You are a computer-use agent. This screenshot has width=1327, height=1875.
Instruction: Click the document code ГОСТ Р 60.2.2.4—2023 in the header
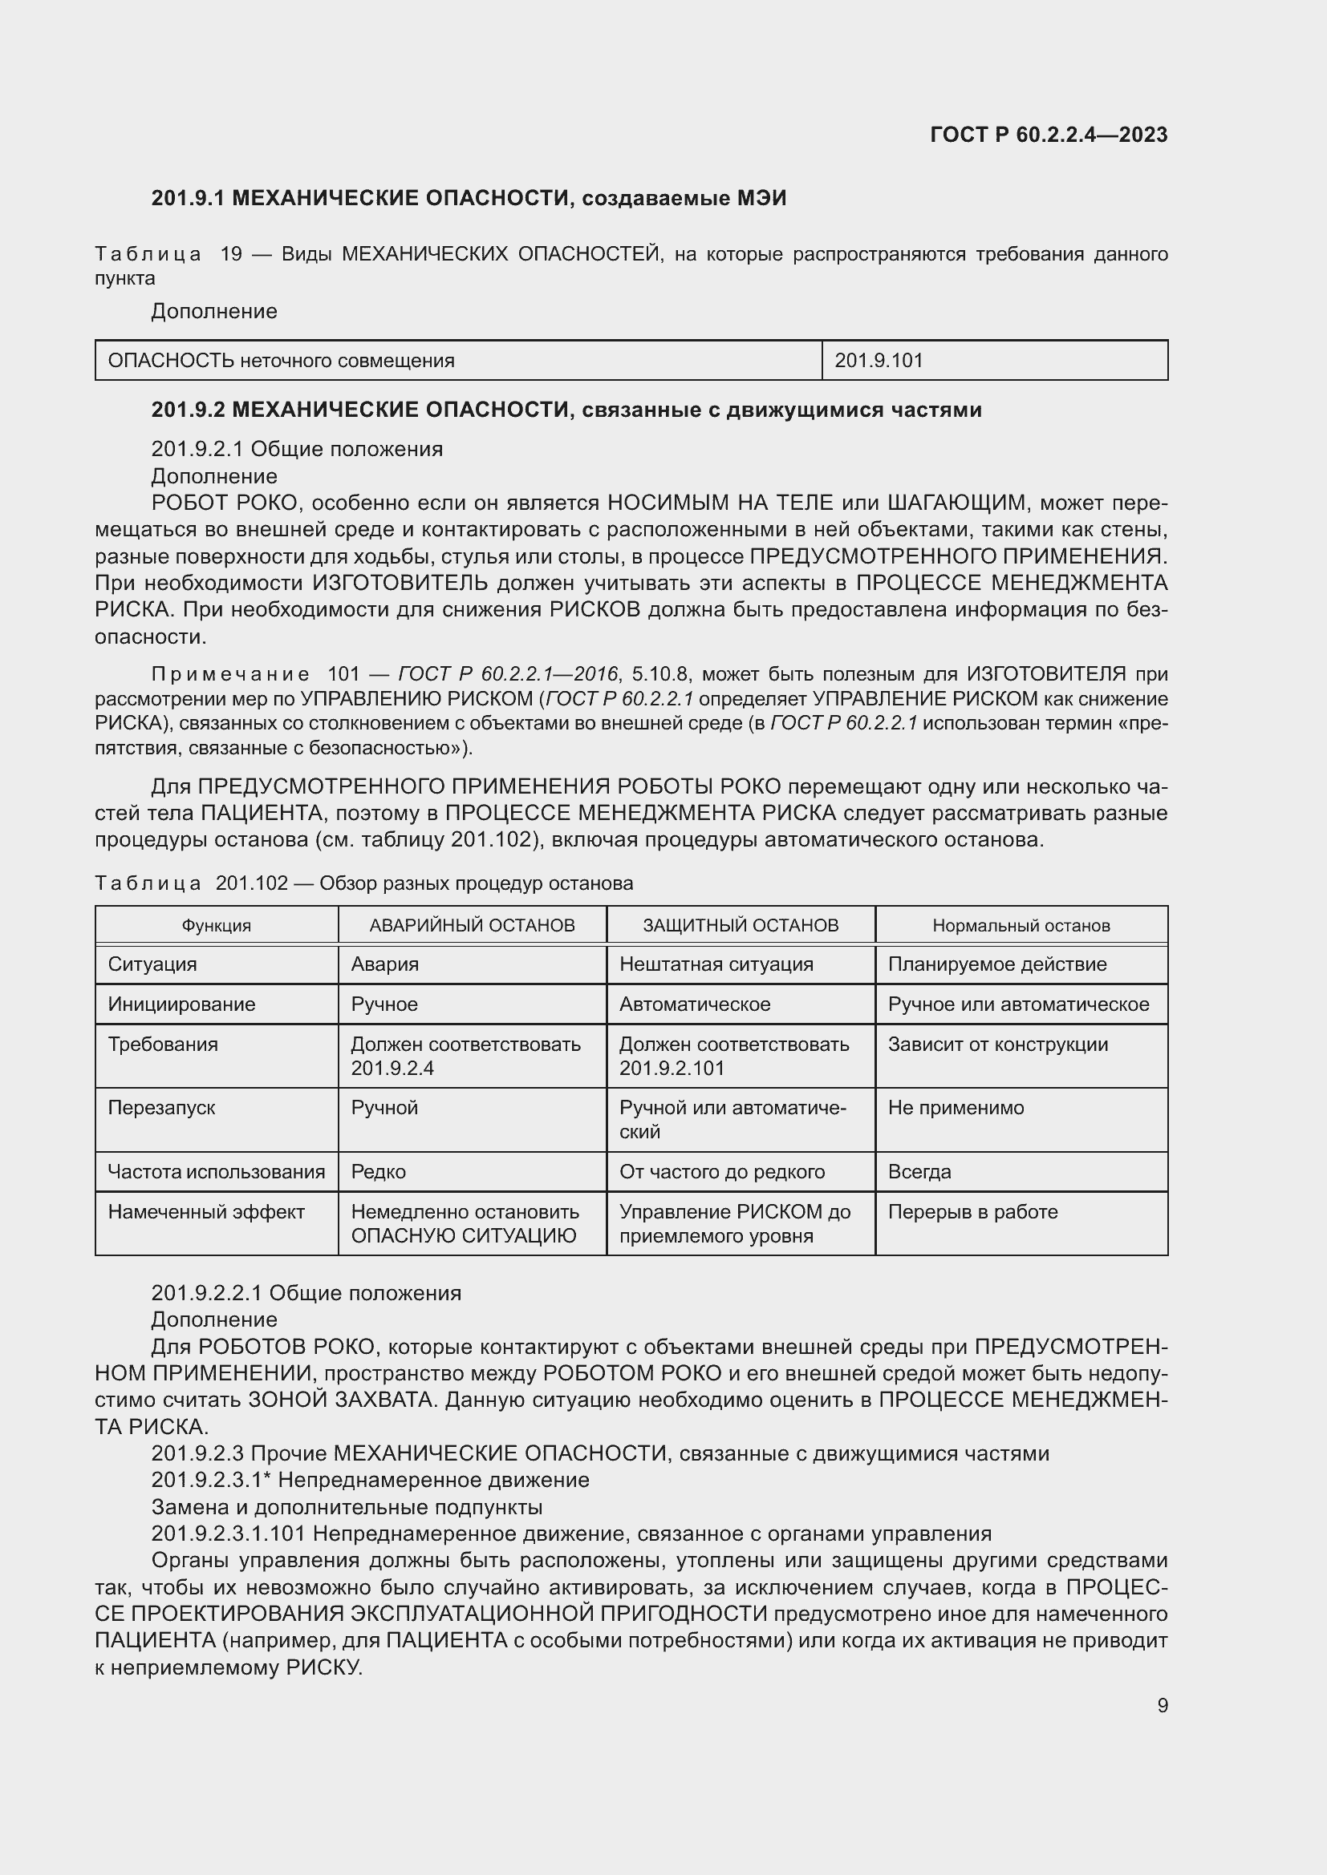point(1049,135)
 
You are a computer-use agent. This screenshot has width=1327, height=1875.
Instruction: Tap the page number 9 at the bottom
point(1162,1705)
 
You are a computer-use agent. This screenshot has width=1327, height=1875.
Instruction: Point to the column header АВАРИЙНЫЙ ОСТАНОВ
point(472,925)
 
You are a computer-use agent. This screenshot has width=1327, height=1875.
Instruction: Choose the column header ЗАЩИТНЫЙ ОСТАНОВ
point(741,925)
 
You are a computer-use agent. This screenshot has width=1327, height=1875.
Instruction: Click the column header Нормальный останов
point(1021,925)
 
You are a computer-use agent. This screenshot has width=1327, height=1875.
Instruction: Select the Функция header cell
point(216,925)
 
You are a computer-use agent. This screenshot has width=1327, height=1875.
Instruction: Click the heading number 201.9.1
point(188,198)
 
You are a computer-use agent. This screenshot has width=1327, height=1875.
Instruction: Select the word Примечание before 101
point(230,673)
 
